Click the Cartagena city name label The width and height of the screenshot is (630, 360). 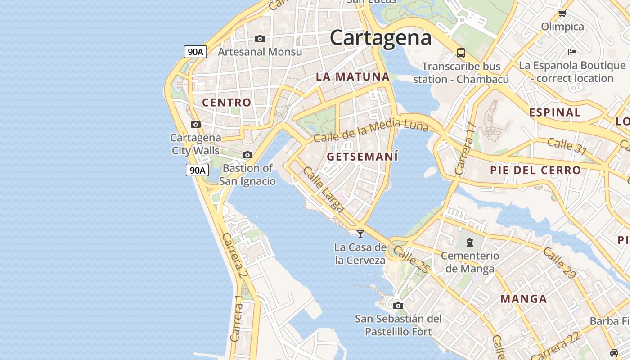[x=381, y=38]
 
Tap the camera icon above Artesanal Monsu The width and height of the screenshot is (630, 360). [x=260, y=39]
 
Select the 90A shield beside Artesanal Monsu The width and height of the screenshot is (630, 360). [x=195, y=52]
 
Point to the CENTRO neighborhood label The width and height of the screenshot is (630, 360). [x=227, y=103]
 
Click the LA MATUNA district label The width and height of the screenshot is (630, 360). [x=352, y=76]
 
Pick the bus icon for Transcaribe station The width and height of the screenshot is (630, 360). [x=461, y=53]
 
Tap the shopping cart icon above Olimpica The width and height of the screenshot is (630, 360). [x=562, y=13]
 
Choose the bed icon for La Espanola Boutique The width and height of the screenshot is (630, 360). [x=572, y=52]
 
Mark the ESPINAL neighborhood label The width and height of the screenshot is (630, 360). [x=555, y=112]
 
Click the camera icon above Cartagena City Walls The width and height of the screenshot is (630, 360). [x=195, y=124]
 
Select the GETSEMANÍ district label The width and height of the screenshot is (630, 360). [x=363, y=157]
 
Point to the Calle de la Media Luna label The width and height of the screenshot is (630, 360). [x=371, y=130]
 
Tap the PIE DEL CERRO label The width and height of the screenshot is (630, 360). [x=535, y=170]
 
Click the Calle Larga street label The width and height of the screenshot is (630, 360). [x=323, y=189]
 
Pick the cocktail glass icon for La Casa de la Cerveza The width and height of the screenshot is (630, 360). [x=360, y=234]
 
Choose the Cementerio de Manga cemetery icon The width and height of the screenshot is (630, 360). [x=470, y=243]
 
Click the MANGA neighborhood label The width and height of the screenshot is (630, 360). [x=524, y=299]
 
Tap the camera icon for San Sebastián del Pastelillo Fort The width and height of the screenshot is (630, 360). [x=398, y=306]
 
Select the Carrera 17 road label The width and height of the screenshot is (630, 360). [x=465, y=148]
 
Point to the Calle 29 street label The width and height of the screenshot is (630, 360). [x=559, y=263]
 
